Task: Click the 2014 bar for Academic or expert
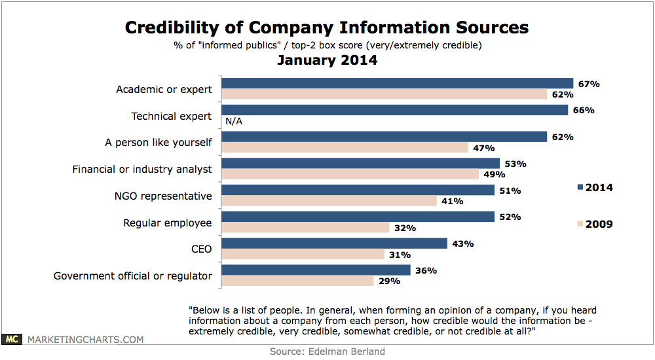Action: tap(397, 84)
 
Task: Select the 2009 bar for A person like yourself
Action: tap(345, 148)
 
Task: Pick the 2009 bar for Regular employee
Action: tap(305, 228)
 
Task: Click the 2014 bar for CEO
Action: tap(334, 243)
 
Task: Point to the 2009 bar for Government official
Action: tap(297, 281)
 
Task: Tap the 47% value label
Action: tap(483, 148)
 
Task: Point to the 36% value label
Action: tap(426, 270)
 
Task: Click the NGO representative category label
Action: tap(163, 196)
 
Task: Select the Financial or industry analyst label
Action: tap(141, 169)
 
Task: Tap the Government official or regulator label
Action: tap(132, 276)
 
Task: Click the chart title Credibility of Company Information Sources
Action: tap(327, 27)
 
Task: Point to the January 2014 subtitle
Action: tap(327, 60)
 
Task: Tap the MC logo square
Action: tap(12, 340)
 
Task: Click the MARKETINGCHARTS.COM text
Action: tap(85, 340)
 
